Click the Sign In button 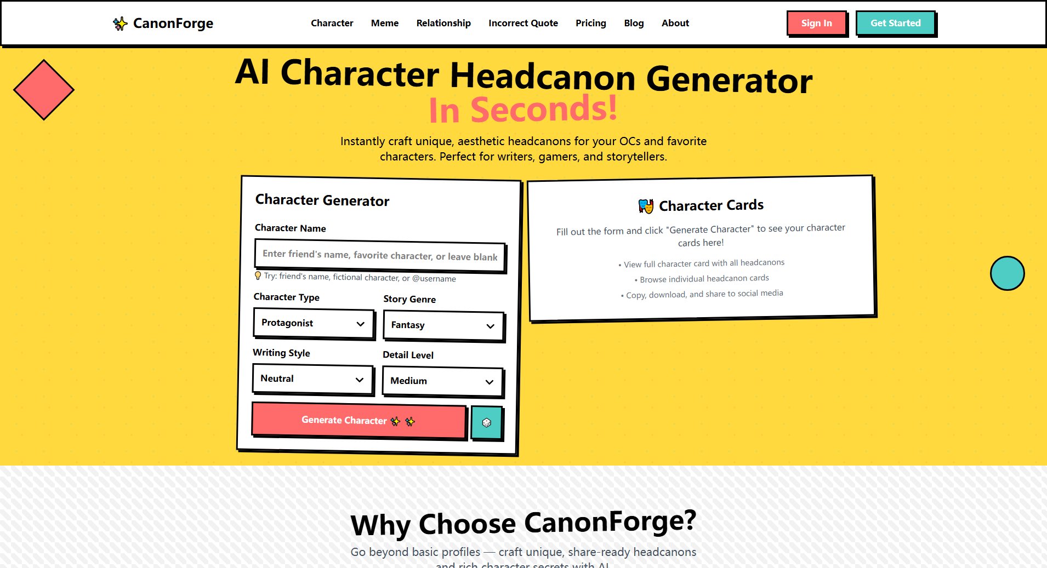click(816, 23)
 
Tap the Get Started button click(896, 23)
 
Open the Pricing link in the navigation click(590, 23)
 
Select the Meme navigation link click(385, 23)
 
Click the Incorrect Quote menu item click(523, 23)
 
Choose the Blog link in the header click(634, 23)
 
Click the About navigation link click(675, 23)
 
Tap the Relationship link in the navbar click(443, 23)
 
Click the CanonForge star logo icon click(120, 24)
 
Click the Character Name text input click(379, 255)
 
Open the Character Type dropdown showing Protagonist click(314, 323)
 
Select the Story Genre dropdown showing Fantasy click(443, 325)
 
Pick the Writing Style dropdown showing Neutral click(312, 379)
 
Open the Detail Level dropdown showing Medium click(442, 381)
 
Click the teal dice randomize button click(486, 422)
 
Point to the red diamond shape click(44, 90)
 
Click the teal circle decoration click(1007, 273)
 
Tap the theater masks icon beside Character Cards click(646, 206)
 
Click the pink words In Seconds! click(523, 109)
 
